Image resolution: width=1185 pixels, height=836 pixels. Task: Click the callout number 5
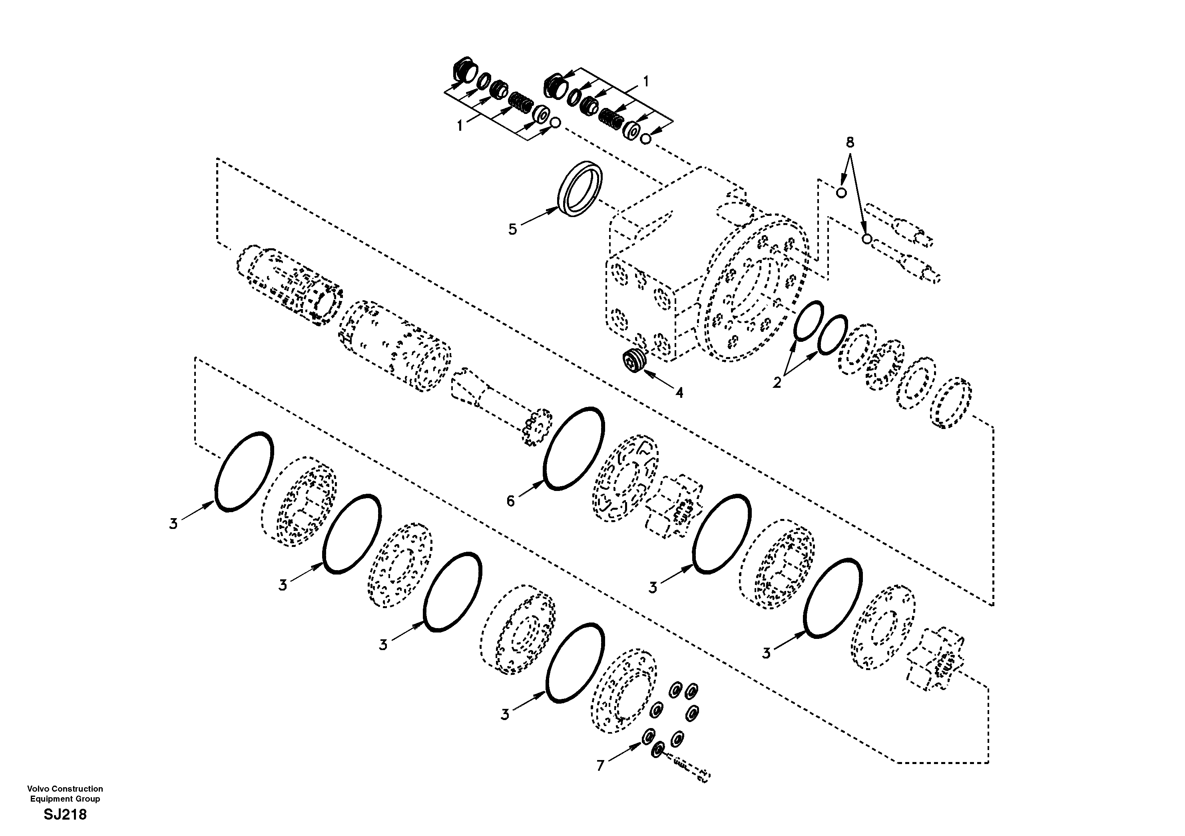[512, 229]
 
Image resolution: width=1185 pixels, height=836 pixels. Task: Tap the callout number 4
[679, 393]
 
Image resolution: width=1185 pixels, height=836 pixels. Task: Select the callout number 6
[510, 501]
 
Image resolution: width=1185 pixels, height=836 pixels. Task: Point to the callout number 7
[600, 766]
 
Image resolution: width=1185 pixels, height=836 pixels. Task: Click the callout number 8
[850, 142]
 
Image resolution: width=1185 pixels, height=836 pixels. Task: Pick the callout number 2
[777, 383]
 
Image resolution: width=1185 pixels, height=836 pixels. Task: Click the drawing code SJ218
[65, 815]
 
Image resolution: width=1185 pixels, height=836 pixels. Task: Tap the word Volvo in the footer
[37, 788]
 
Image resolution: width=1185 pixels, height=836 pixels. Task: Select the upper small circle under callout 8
[841, 193]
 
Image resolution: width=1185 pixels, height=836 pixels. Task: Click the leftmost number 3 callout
[173, 524]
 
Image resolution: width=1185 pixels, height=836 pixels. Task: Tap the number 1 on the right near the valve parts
[645, 82]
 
